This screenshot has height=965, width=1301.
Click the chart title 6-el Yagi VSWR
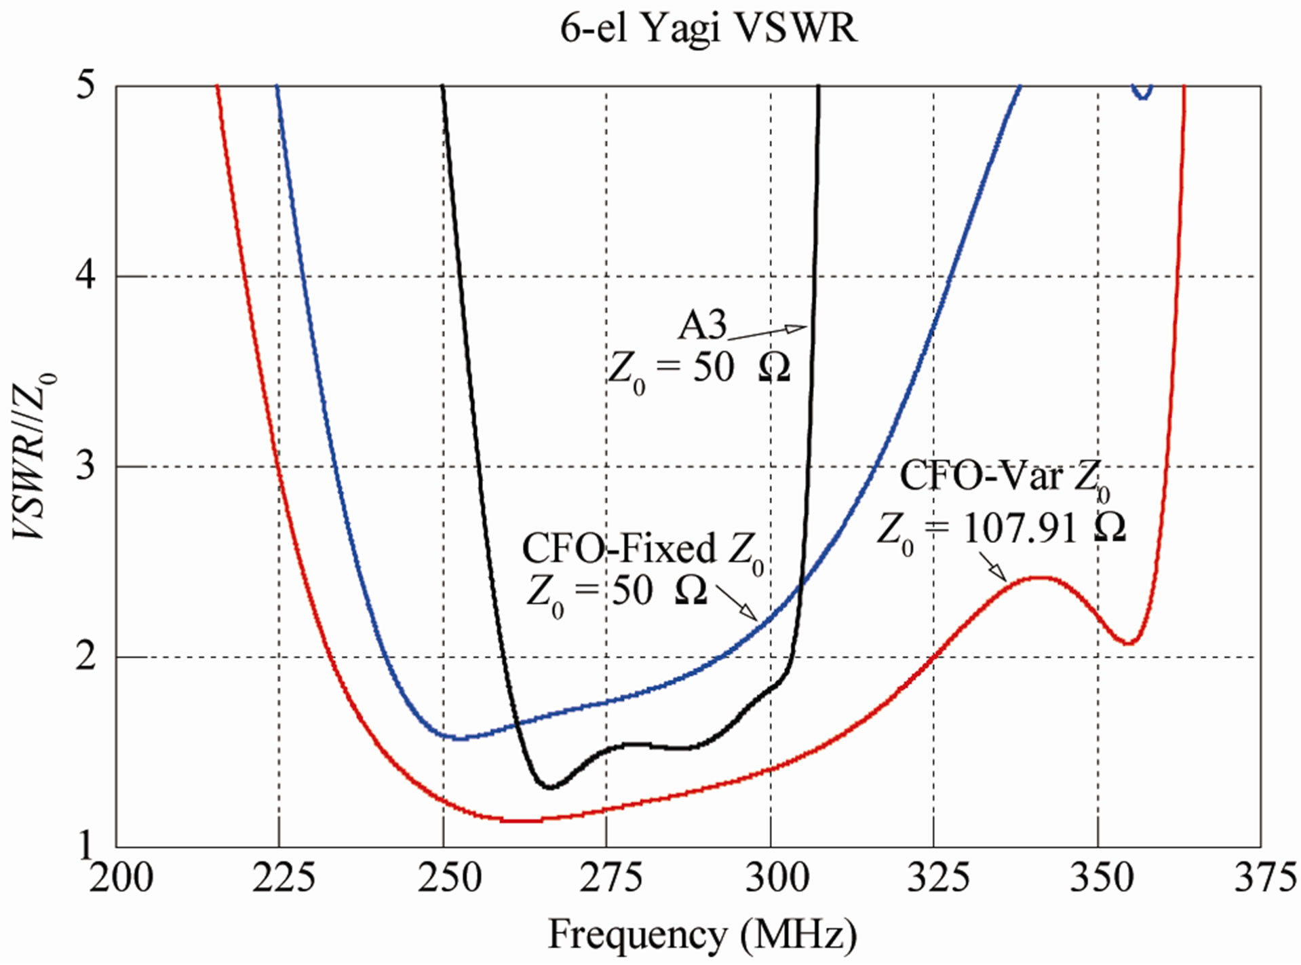(708, 29)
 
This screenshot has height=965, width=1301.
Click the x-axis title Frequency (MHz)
(702, 934)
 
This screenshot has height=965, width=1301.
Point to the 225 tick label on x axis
(283, 878)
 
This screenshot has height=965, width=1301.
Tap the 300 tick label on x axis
(776, 878)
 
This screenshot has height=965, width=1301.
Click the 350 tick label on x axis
(1101, 878)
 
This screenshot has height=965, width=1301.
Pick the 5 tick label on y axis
(85, 86)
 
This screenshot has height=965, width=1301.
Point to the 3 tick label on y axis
(85, 467)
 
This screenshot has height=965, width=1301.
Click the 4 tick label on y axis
(85, 277)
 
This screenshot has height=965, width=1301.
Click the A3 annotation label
(702, 325)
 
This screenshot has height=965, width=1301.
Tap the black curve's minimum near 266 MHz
(550, 787)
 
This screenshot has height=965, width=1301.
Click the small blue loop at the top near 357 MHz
(1142, 93)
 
